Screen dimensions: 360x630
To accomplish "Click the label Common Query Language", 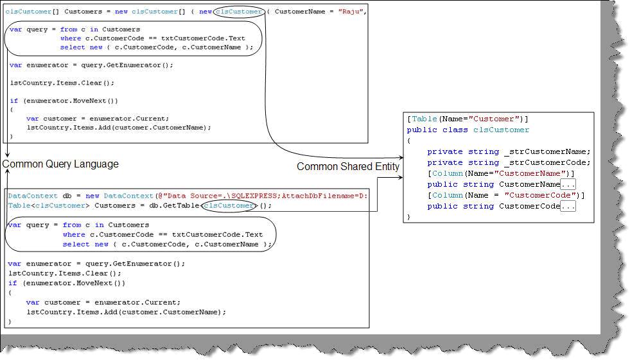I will [x=61, y=164].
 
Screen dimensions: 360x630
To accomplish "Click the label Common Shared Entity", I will [x=347, y=167].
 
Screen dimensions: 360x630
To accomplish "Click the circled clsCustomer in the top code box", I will [x=239, y=12].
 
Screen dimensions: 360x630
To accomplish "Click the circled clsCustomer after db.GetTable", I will [x=229, y=206].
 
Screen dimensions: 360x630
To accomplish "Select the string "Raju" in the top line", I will [x=352, y=12].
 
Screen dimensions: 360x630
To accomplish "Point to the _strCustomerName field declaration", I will [x=508, y=152].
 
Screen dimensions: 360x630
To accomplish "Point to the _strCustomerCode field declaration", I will [x=508, y=163].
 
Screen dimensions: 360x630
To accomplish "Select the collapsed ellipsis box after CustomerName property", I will [x=568, y=185].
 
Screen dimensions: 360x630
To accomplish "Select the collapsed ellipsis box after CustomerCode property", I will [x=568, y=207].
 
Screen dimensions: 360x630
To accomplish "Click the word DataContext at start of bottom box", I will [x=26, y=196].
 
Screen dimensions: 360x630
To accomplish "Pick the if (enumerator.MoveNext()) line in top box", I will [x=64, y=101].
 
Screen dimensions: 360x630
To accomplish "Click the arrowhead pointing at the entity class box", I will [x=400, y=157].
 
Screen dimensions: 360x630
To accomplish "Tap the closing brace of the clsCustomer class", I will [x=408, y=218].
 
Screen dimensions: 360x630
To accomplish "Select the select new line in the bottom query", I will [x=167, y=244].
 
